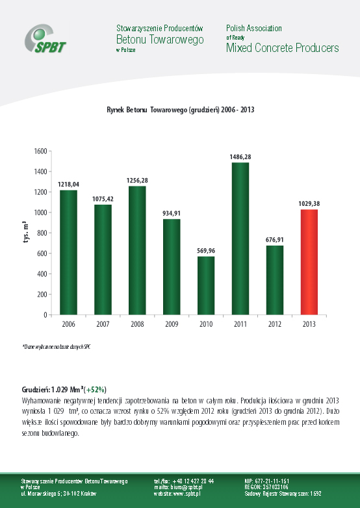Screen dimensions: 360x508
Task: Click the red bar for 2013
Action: pos(309,262)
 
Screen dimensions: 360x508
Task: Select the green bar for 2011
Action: pos(240,239)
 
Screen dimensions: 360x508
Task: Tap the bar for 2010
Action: pos(206,285)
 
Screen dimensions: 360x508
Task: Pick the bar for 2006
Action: pos(69,253)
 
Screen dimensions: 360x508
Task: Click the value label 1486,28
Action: pos(240,157)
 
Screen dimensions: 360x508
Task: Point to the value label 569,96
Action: pos(206,251)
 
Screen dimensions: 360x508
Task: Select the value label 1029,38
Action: pos(309,204)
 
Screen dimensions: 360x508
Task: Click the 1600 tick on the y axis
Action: pos(40,151)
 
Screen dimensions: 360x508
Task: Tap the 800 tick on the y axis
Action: pos(42,233)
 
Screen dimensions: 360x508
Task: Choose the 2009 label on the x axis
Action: pos(172,324)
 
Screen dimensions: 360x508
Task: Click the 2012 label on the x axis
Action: pos(275,324)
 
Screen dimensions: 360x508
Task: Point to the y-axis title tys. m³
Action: pos(25,233)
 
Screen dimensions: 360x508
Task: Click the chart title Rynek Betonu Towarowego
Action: pos(180,110)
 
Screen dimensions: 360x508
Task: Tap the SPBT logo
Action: pos(45,38)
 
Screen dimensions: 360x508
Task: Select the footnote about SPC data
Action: pos(56,347)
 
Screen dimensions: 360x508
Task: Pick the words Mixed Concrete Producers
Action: pos(283,48)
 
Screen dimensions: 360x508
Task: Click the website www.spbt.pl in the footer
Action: pos(177,494)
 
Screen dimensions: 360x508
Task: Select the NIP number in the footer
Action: pos(267,481)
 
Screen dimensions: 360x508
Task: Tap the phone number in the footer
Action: pos(184,481)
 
